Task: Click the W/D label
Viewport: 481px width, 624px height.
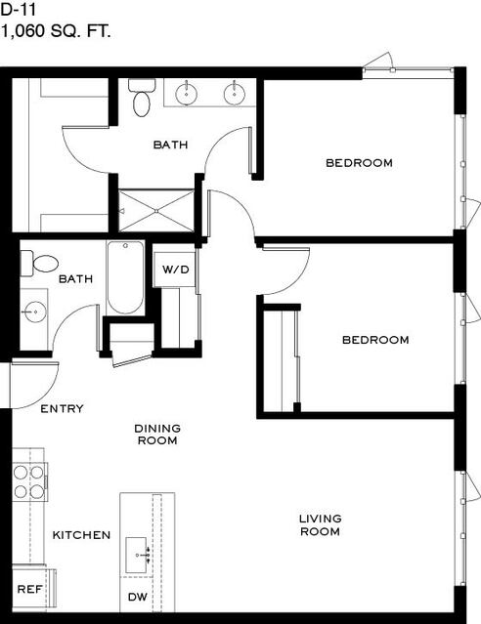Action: [x=175, y=270]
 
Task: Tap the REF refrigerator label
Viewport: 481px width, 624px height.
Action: [x=30, y=589]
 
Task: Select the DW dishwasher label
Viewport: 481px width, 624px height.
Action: [x=138, y=597]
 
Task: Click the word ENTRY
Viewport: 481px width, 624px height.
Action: [x=63, y=409]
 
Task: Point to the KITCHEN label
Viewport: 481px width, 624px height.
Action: [x=81, y=535]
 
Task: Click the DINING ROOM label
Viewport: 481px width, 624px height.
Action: [x=157, y=435]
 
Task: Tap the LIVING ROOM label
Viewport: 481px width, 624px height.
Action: [x=320, y=525]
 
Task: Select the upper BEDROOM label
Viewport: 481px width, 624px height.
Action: [x=359, y=163]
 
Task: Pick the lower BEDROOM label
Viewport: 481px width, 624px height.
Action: [x=375, y=340]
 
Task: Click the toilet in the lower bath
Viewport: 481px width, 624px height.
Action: [x=39, y=264]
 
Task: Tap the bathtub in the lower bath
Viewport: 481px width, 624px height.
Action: [x=125, y=277]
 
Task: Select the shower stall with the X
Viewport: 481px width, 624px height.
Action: [x=156, y=211]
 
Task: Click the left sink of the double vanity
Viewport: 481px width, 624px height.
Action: [x=186, y=94]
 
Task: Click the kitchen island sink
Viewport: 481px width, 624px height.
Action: [x=137, y=555]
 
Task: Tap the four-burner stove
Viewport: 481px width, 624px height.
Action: [x=29, y=482]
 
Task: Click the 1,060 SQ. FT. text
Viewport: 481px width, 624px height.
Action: [x=56, y=31]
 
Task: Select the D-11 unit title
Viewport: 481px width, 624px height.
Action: [x=19, y=10]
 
